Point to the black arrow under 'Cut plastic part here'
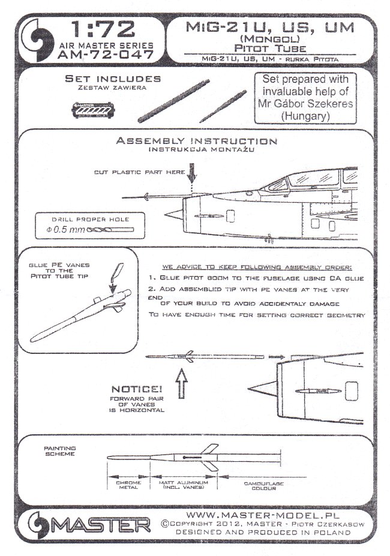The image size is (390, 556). coord(191,177)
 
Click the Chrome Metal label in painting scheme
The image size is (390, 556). coord(122,485)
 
